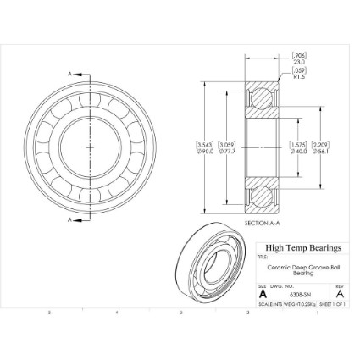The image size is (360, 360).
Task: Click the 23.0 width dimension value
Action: point(299,61)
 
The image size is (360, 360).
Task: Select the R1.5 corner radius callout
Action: point(299,76)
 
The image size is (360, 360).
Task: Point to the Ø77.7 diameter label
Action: point(226,152)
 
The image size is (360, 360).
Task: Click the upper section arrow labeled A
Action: point(71,75)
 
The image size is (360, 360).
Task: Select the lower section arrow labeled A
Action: point(71,219)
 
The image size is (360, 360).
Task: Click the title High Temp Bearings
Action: point(302,248)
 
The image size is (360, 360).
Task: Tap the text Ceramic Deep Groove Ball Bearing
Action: point(303,269)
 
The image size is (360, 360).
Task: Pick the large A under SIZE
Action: point(263,294)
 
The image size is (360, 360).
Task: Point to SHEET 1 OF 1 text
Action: point(334,302)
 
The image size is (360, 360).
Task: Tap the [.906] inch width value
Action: point(299,54)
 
